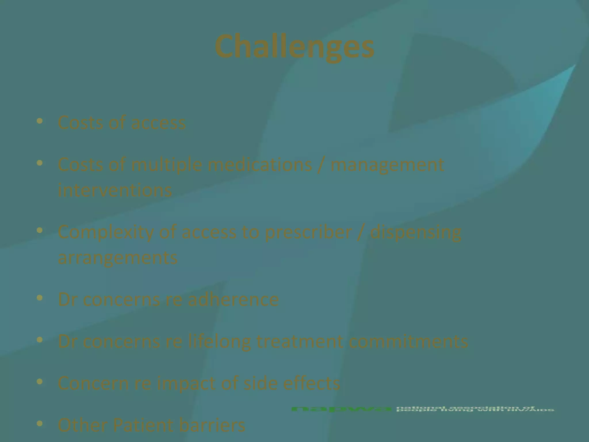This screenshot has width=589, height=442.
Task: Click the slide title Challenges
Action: click(x=294, y=47)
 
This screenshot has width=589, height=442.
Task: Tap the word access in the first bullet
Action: click(x=158, y=123)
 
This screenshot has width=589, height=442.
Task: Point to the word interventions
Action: click(x=115, y=190)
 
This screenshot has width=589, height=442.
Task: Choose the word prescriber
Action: click(x=308, y=233)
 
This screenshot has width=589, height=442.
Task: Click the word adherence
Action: click(x=233, y=299)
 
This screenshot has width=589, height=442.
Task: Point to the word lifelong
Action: click(x=219, y=342)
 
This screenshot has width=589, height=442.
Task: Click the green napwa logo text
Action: click(x=341, y=409)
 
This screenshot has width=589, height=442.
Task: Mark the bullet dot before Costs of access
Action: click(x=40, y=121)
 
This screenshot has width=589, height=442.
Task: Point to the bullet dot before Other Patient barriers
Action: click(x=40, y=424)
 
